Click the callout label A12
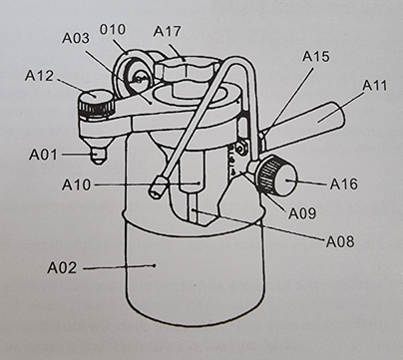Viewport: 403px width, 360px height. pos(39,76)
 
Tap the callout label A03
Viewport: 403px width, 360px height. pos(76,38)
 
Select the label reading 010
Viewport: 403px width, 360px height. pos(113,30)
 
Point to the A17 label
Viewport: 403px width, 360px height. pos(167,32)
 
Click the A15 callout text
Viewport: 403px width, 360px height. pos(316,57)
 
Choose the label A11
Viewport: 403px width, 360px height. pos(375,86)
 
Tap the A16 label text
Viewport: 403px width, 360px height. pos(344,183)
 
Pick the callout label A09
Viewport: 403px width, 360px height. pos(302,213)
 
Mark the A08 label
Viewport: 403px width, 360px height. pos(340,241)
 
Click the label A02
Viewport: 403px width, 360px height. pos(62,267)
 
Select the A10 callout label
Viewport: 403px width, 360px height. pos(76,184)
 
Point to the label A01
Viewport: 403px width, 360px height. pos(43,155)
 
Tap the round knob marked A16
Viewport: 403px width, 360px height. pos(276,176)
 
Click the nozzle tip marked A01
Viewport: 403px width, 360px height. pos(98,156)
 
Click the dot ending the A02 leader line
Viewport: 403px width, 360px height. pos(155,265)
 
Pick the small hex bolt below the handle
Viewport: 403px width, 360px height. pos(242,149)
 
